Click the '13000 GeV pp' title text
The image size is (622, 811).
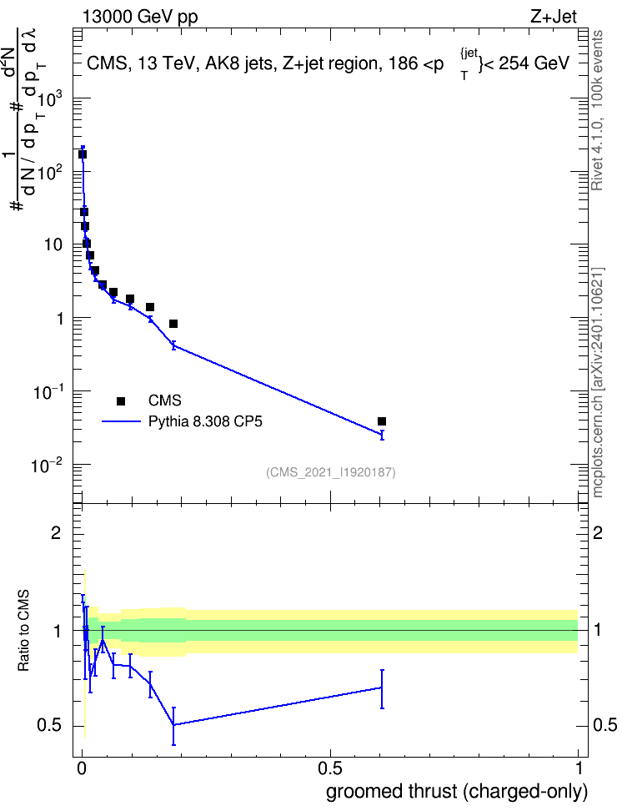click(139, 17)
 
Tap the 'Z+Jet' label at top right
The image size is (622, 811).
click(554, 17)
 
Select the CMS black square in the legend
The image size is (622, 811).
click(121, 400)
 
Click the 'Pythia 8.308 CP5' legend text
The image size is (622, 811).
click(205, 421)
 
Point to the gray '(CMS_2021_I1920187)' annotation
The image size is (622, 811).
click(331, 472)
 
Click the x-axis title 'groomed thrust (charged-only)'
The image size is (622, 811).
click(457, 791)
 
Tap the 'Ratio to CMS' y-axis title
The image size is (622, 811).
click(23, 631)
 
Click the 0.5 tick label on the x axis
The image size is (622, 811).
click(330, 768)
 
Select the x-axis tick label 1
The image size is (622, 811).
click(579, 768)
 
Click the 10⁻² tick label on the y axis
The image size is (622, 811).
click(47, 466)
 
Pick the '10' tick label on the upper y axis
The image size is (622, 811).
click(53, 244)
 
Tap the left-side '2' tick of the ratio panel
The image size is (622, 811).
click(56, 532)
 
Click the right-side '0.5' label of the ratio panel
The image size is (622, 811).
click(605, 725)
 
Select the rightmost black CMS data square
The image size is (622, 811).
click(382, 421)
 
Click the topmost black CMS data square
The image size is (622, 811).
click(83, 154)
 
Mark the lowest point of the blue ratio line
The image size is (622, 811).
click(173, 725)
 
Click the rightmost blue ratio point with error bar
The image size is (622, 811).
click(382, 688)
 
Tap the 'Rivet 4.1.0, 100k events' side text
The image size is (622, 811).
click(597, 110)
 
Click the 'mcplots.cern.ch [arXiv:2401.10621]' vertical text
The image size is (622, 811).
click(598, 382)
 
